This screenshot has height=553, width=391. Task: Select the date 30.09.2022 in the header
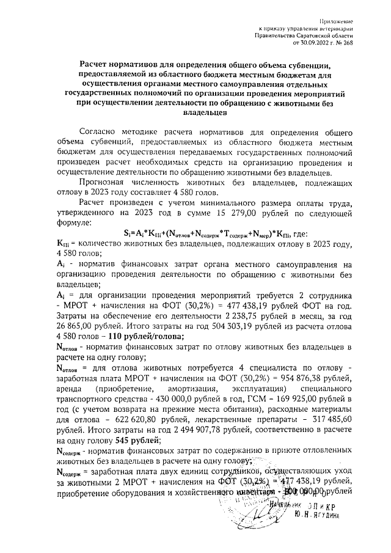point(314,43)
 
